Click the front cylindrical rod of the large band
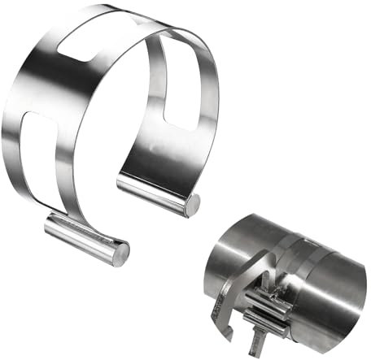[x=81, y=238]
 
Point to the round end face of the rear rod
[x=192, y=206]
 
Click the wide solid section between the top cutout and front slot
[x=37, y=89]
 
